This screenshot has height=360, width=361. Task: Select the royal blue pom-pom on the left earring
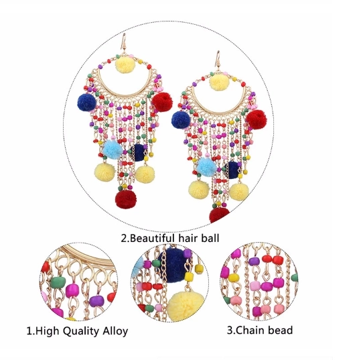tap(86, 103)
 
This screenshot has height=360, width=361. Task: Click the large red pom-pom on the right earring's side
tap(257, 119)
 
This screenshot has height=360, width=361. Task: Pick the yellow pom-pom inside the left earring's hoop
tap(125, 65)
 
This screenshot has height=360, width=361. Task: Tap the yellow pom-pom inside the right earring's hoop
tap(219, 82)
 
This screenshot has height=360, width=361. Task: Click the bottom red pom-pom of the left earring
tap(126, 199)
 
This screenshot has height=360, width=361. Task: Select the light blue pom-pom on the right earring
tap(206, 166)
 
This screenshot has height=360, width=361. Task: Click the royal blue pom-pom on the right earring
tap(181, 120)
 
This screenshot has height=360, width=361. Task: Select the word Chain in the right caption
tap(250, 330)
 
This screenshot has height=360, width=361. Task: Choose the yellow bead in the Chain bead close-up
tap(234, 278)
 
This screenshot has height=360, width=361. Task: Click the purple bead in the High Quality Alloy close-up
tap(96, 301)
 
